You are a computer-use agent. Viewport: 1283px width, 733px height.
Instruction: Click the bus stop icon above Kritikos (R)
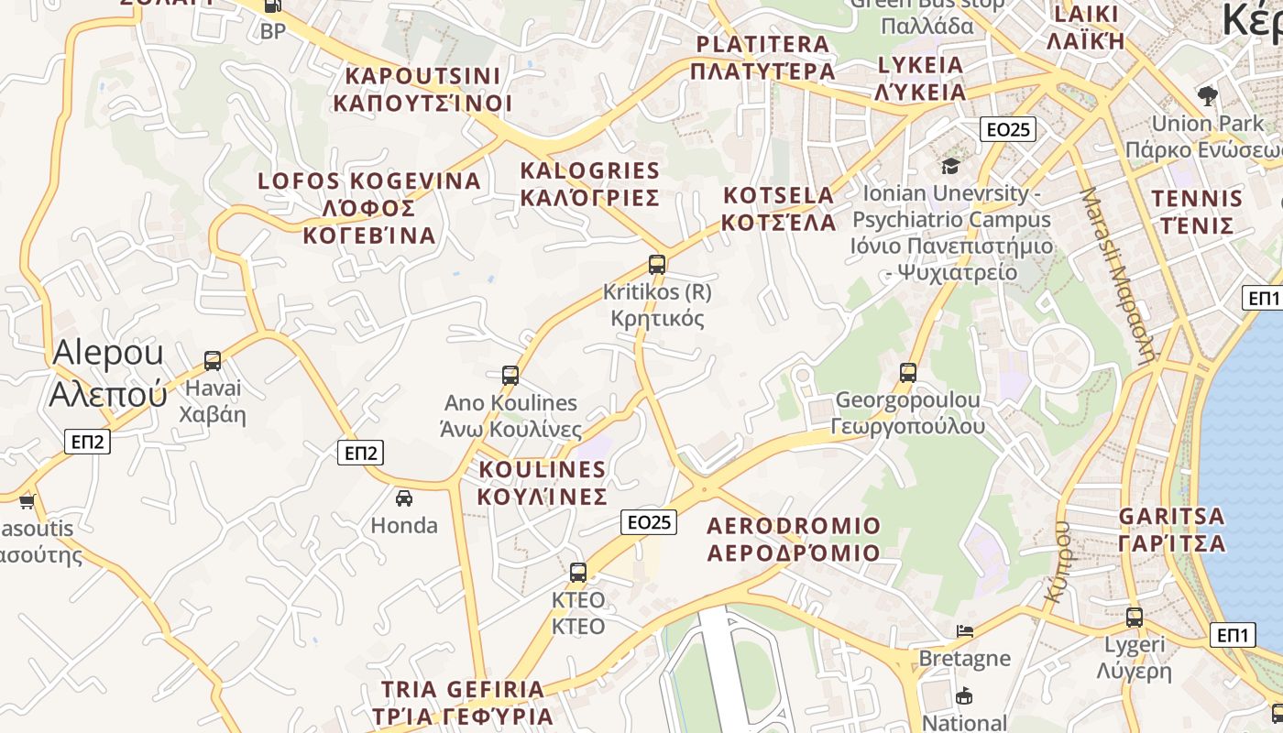[657, 265]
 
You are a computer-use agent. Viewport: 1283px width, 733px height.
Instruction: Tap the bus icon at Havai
[213, 360]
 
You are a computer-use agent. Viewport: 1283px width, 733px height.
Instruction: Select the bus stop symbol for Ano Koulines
[510, 375]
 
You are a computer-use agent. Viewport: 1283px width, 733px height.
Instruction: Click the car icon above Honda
[404, 498]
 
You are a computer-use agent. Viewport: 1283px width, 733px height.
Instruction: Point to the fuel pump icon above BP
[272, 6]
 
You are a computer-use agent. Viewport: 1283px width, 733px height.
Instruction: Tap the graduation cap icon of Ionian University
[950, 166]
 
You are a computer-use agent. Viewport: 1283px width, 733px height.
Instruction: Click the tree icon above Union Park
[1208, 95]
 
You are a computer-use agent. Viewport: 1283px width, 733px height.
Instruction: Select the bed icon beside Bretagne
[964, 630]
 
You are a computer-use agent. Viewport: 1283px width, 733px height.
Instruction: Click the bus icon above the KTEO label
[578, 572]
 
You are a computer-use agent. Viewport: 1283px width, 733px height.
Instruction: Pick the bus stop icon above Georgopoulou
[908, 372]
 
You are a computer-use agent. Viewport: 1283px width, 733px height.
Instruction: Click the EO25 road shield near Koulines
[649, 522]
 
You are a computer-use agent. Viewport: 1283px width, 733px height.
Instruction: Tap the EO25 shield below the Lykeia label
[1008, 129]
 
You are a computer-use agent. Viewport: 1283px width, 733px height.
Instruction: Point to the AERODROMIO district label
[794, 539]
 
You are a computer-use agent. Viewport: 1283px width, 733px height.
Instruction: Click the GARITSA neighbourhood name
[1172, 529]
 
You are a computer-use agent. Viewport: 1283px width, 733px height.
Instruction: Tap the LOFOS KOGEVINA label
[369, 208]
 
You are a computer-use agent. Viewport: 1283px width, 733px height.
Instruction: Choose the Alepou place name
[108, 372]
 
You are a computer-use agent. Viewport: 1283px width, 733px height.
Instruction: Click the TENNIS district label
[1197, 212]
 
